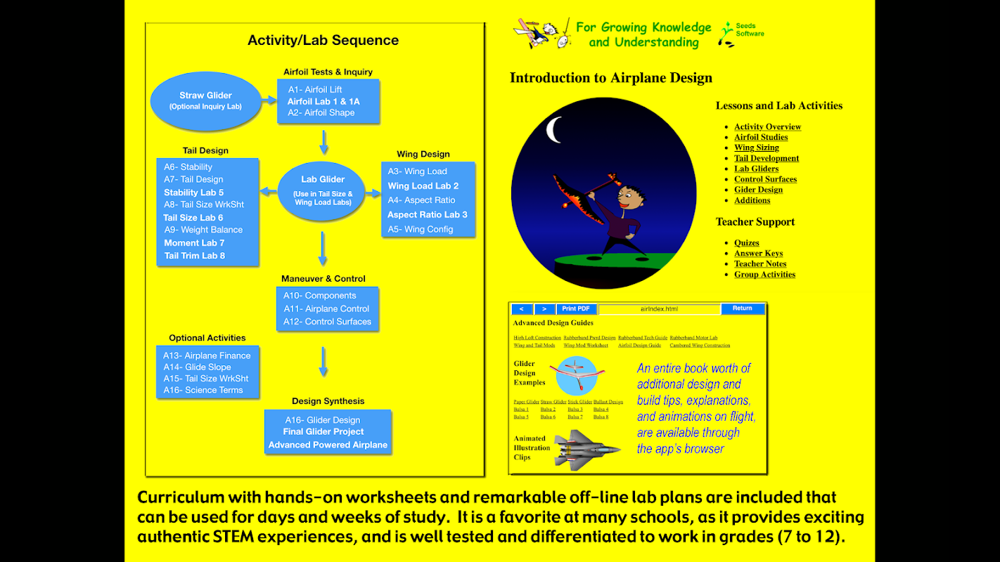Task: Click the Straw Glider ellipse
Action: click(x=205, y=100)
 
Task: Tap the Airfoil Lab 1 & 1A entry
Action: click(x=323, y=101)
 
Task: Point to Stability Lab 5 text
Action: click(x=193, y=192)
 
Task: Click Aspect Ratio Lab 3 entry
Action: click(x=427, y=215)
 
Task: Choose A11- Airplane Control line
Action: click(x=326, y=308)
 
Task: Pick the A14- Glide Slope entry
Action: click(x=197, y=367)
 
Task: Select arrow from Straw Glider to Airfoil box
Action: click(x=269, y=101)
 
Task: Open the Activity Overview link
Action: click(x=767, y=127)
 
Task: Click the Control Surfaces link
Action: click(x=765, y=179)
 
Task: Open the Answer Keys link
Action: click(x=758, y=254)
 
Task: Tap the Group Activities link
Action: click(x=764, y=275)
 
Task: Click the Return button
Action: click(x=742, y=308)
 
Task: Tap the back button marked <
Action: click(x=521, y=309)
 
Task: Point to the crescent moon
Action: click(x=553, y=129)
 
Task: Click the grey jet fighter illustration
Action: click(x=586, y=448)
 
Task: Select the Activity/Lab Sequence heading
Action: click(x=323, y=41)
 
